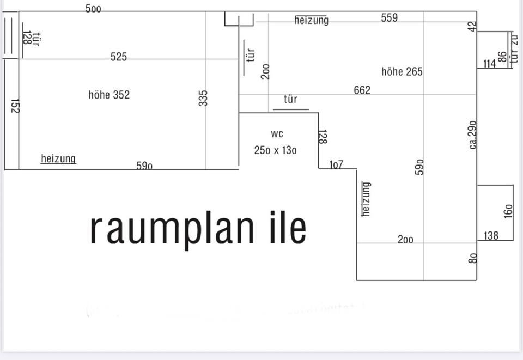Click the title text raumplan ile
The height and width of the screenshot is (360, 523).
(x=198, y=228)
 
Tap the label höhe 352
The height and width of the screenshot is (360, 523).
(x=109, y=95)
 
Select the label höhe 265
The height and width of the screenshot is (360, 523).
(x=402, y=71)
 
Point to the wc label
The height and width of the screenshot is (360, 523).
(x=277, y=134)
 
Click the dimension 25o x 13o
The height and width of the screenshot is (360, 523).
(x=276, y=150)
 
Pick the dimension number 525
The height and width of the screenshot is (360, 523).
(x=119, y=57)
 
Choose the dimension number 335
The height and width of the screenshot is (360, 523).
(x=203, y=99)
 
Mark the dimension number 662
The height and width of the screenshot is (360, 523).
(x=362, y=90)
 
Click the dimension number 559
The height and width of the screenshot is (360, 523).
(x=390, y=18)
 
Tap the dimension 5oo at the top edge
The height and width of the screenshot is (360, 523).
(x=93, y=9)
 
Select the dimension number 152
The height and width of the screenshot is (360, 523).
(x=15, y=106)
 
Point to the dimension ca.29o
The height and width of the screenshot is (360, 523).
(x=472, y=135)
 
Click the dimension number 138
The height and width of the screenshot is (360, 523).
(x=491, y=236)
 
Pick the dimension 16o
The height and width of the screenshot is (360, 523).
(x=508, y=210)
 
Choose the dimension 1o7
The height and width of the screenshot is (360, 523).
(x=336, y=164)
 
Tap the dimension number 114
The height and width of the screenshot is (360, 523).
(x=489, y=64)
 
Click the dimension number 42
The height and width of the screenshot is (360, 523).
(x=472, y=26)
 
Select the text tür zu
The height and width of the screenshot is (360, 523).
(x=514, y=49)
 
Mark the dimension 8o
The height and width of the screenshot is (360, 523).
(x=472, y=258)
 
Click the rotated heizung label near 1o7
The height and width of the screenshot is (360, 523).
(x=366, y=199)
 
